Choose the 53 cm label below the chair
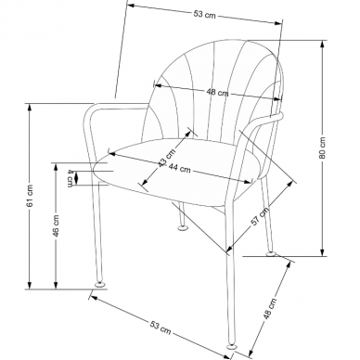coord(161,328)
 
